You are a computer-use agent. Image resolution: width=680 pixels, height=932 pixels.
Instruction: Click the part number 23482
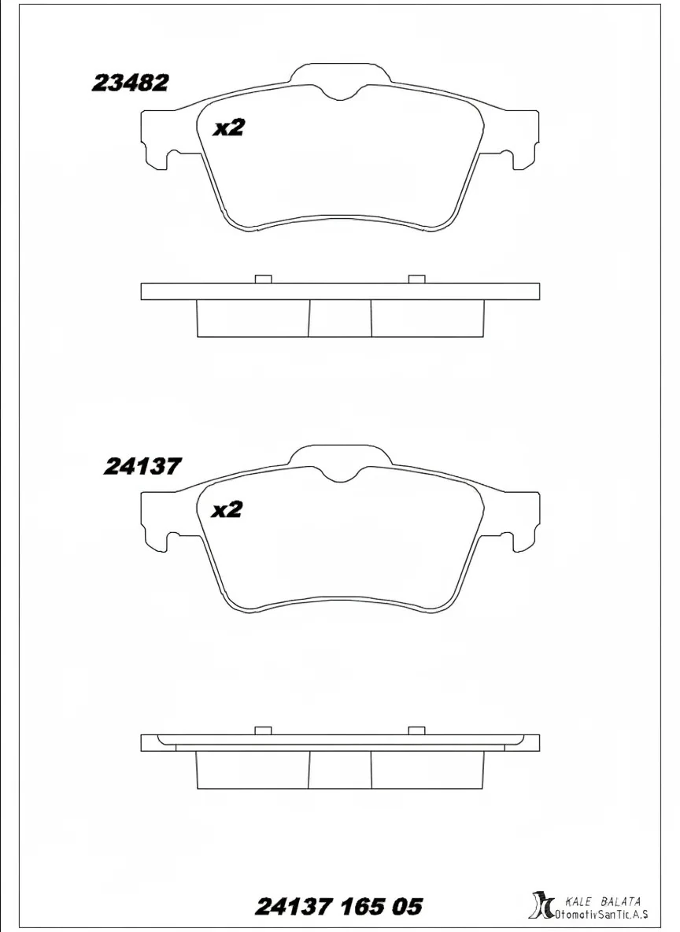point(130,83)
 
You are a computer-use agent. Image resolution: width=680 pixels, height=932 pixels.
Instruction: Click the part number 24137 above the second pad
point(142,467)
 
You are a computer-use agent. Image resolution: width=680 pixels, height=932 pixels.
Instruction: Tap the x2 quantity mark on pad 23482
point(229,128)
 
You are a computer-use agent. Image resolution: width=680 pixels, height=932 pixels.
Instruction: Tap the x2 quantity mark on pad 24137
point(227,510)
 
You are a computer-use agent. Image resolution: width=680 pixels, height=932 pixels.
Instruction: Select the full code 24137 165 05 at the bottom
point(339,907)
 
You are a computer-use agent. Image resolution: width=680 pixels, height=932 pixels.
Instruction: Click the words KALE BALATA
point(603,901)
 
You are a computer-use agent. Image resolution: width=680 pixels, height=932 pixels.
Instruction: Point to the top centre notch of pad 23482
point(341,90)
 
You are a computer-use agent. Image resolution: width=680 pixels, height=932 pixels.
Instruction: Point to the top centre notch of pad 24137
point(341,472)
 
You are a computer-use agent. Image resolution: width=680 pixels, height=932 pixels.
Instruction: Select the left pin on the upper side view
point(264,279)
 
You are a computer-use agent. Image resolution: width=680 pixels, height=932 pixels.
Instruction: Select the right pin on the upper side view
point(417,279)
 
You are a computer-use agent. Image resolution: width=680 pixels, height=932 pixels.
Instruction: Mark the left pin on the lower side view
point(264,730)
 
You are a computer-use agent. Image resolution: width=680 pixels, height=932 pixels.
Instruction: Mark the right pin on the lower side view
point(417,730)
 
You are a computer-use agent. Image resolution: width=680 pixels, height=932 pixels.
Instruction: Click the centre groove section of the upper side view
point(339,318)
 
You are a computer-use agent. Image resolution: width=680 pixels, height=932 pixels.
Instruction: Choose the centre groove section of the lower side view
point(339,768)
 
